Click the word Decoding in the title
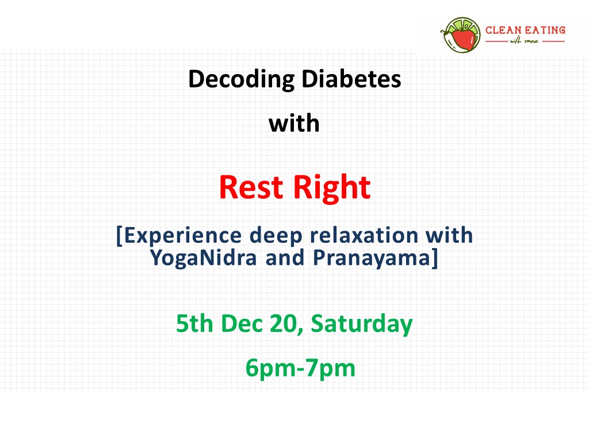pyautogui.click(x=241, y=79)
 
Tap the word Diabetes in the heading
pyautogui.click(x=351, y=79)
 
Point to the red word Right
pyautogui.click(x=332, y=188)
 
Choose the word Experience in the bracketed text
pyautogui.click(x=182, y=236)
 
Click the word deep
pyautogui.click(x=276, y=236)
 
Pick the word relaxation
pyautogui.click(x=364, y=235)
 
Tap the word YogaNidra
pyautogui.click(x=203, y=258)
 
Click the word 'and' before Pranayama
pyautogui.click(x=285, y=257)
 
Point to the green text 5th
pyautogui.click(x=194, y=323)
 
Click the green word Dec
pyautogui.click(x=242, y=323)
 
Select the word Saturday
pyautogui.click(x=362, y=324)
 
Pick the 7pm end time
pyautogui.click(x=330, y=368)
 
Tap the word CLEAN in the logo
pyautogui.click(x=503, y=30)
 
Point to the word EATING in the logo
pyautogui.click(x=545, y=30)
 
